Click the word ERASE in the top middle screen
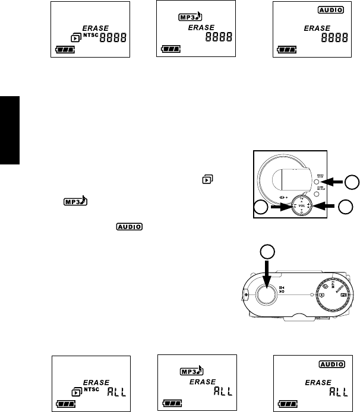204,27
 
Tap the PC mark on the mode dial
344,294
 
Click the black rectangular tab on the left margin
10,128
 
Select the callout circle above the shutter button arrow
268,251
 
